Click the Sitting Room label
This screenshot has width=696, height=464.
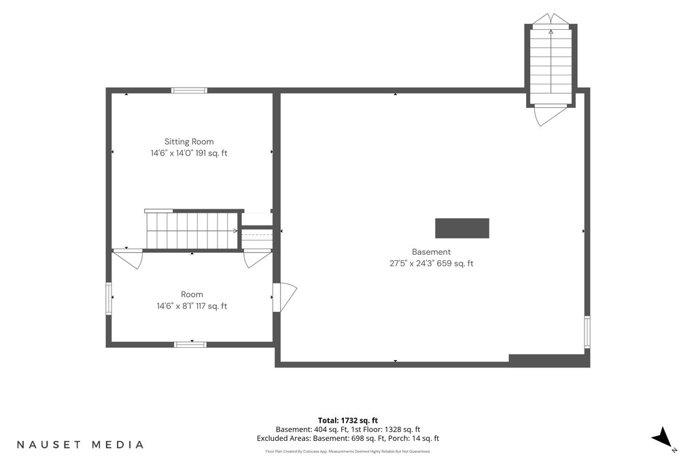pyautogui.click(x=189, y=142)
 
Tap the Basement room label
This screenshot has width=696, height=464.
pyautogui.click(x=431, y=252)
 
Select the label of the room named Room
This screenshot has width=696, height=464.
pyautogui.click(x=192, y=295)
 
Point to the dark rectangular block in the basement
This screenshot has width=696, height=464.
pyautogui.click(x=462, y=228)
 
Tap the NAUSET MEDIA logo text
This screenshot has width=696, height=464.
pyautogui.click(x=80, y=444)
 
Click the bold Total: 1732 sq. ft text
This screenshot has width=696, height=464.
pyautogui.click(x=348, y=420)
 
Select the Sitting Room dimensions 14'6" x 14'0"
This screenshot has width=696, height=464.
pyautogui.click(x=171, y=153)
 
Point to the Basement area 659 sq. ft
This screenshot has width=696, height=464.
pyautogui.click(x=455, y=264)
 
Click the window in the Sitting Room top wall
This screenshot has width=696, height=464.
pyautogui.click(x=190, y=90)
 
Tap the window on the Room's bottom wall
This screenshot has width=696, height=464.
pyautogui.click(x=190, y=344)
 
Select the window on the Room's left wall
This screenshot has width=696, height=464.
pyautogui.click(x=108, y=298)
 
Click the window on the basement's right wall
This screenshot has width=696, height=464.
pyautogui.click(x=587, y=332)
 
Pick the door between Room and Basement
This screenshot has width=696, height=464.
pyautogui.click(x=285, y=297)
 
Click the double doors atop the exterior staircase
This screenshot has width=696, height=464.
pyautogui.click(x=551, y=19)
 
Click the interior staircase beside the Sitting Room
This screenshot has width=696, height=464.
pyautogui.click(x=192, y=231)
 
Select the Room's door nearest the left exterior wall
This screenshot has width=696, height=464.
pyautogui.click(x=128, y=259)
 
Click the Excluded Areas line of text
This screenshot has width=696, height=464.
pyautogui.click(x=348, y=438)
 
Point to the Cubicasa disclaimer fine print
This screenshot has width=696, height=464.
pyautogui.click(x=348, y=452)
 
